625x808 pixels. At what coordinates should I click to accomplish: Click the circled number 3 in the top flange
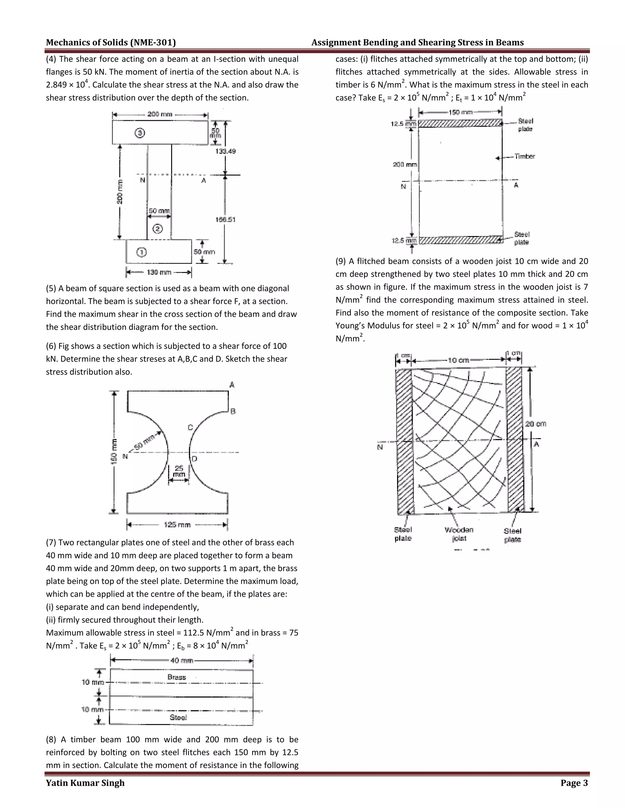(139, 133)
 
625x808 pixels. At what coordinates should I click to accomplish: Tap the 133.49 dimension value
(226, 151)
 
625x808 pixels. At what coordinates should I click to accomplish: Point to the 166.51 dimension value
(226, 220)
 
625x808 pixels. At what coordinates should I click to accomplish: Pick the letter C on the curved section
(190, 427)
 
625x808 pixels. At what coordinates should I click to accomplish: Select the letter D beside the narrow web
(194, 459)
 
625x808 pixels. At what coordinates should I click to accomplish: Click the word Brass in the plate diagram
(177, 677)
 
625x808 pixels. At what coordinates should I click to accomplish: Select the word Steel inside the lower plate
(178, 717)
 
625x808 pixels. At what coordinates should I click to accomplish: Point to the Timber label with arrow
(524, 156)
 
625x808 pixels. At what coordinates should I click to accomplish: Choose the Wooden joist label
(459, 534)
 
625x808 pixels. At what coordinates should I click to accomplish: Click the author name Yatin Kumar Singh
(85, 783)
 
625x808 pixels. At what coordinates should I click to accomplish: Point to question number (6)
(51, 346)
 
